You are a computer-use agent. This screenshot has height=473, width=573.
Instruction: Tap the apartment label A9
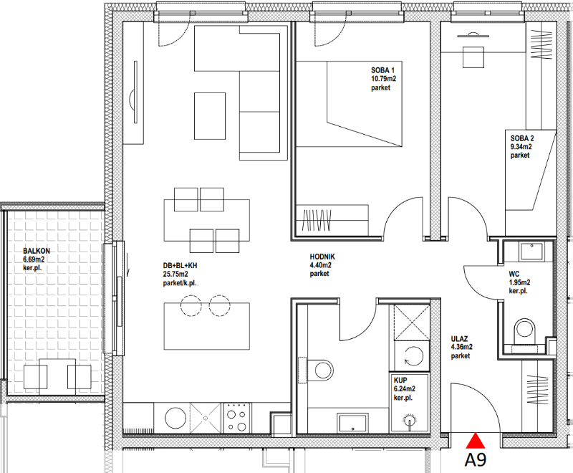tap(476, 459)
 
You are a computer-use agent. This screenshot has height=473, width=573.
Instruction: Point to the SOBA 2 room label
tap(522, 138)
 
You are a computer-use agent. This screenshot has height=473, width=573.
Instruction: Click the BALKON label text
tap(37, 251)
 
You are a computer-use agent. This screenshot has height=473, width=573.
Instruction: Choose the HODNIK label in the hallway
tap(322, 257)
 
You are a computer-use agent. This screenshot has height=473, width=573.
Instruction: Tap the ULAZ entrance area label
tap(459, 339)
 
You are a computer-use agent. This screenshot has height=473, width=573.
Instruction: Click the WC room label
tap(514, 274)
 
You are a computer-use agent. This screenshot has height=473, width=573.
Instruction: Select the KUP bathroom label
tap(400, 380)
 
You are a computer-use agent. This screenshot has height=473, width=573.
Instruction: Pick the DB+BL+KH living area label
tap(180, 265)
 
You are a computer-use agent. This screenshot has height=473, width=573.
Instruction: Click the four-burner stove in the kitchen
tap(237, 417)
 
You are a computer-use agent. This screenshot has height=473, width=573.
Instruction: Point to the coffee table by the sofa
tap(210, 116)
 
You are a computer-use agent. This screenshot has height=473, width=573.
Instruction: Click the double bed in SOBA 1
tap(349, 104)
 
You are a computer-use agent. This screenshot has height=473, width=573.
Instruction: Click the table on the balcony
tap(57, 376)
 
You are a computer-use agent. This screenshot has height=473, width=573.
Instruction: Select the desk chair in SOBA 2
tap(473, 57)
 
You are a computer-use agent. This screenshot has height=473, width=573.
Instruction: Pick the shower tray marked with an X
tap(411, 322)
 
